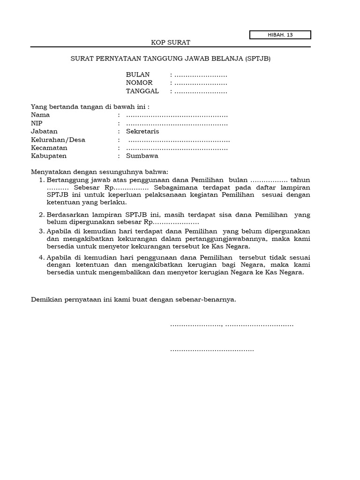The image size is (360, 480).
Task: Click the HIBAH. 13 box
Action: (x=280, y=35)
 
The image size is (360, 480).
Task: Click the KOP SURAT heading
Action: (x=170, y=42)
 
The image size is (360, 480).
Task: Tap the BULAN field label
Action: (x=138, y=75)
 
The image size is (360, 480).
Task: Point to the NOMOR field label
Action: (x=139, y=83)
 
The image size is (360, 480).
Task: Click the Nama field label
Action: (x=40, y=115)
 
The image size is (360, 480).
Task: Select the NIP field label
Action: (x=37, y=123)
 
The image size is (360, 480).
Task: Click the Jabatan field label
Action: (x=44, y=131)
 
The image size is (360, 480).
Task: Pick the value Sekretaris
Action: (x=142, y=131)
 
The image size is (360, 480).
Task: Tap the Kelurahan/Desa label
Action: (x=58, y=140)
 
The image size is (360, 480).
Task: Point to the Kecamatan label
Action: (x=49, y=148)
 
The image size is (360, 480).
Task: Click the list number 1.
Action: (x=42, y=180)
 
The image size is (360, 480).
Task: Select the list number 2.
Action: (x=42, y=215)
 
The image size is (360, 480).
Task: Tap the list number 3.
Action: (x=42, y=232)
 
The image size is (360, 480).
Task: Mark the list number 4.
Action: (x=42, y=258)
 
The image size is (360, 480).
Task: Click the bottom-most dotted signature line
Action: (x=212, y=350)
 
